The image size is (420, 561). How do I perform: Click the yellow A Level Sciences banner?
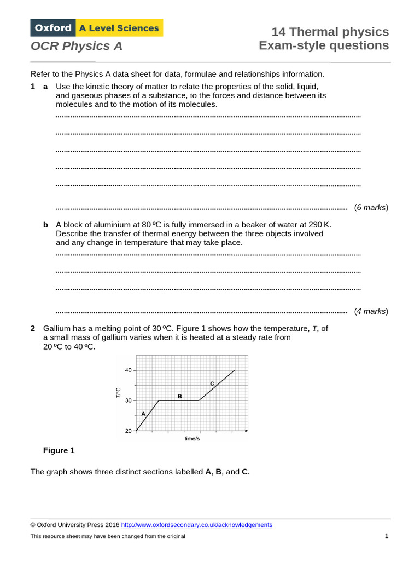(119, 28)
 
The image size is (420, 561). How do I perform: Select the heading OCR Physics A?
(77, 47)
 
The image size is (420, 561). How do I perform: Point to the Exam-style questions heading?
(324, 45)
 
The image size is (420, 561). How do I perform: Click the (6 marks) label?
(371, 208)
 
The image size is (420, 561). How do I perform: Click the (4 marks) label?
(371, 311)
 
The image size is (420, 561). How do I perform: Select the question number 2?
(33, 328)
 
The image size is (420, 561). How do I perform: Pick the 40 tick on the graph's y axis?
(128, 370)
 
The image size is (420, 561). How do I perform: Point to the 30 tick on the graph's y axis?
(128, 400)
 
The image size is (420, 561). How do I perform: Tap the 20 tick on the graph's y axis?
(128, 431)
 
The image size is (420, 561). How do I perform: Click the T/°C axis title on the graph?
(118, 393)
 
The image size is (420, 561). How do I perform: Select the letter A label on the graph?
(143, 414)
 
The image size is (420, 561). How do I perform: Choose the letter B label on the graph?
(179, 396)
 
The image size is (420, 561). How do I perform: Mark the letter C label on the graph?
(212, 383)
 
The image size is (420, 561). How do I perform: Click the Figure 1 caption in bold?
(59, 451)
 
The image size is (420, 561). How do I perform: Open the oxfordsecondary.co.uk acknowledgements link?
(196, 525)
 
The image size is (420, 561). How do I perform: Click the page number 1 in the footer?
(386, 536)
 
